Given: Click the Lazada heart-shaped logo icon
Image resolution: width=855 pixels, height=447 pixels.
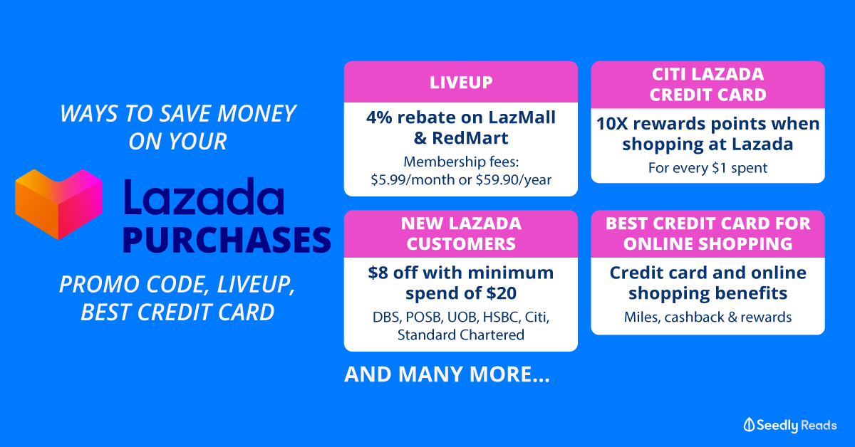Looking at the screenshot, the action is pos(58,204).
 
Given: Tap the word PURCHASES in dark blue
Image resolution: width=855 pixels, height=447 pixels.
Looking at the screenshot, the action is pos(227,240).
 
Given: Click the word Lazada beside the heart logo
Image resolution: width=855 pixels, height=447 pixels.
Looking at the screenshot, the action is pos(204,196).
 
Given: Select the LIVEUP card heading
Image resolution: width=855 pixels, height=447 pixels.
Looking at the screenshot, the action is pos(461,83).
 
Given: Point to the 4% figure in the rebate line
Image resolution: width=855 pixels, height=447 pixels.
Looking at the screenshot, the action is pos(379,117).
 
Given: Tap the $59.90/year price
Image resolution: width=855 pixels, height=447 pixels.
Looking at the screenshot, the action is pos(514,179).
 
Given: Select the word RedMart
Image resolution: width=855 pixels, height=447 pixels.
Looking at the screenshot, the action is pos(470,138).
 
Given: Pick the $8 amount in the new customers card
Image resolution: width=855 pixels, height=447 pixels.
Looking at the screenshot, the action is pos(378,273).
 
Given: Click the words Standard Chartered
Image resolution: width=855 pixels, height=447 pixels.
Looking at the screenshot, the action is pos(461,335).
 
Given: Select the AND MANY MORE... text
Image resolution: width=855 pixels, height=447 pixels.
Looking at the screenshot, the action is pos(447,374).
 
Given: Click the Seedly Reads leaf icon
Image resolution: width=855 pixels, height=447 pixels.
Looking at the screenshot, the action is pos(749,424).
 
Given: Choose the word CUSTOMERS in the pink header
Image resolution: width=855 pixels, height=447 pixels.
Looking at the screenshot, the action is pos(461,244).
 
